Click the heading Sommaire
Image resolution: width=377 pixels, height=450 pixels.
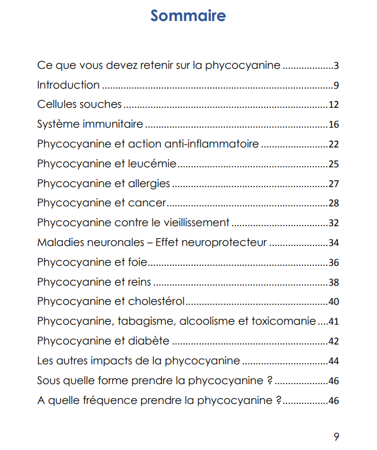tap(188, 16)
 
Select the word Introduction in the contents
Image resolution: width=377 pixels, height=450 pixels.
tap(68, 85)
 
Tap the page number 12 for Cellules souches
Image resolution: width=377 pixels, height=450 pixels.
tap(333, 106)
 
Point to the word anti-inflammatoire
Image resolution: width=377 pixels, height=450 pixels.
tap(220, 144)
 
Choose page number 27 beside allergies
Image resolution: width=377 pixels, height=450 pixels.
tap(333, 184)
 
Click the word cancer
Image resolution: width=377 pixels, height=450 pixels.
tap(147, 203)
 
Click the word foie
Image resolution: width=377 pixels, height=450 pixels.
tap(137, 262)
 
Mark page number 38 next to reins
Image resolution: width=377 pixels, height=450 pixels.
tap(333, 283)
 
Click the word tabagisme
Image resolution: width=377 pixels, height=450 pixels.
tap(148, 322)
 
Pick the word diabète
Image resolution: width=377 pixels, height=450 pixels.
tap(148, 341)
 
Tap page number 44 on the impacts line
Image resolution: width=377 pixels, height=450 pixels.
tap(333, 361)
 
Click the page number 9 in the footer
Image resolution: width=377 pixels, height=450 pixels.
tap(336, 437)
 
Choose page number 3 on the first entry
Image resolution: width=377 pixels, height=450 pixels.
tap(336, 66)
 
